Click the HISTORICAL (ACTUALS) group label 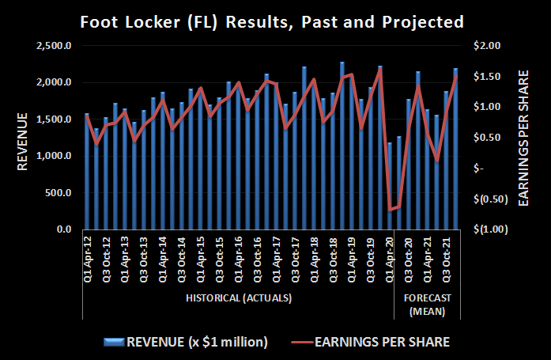239,297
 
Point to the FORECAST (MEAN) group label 427,305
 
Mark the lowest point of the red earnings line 390,210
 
